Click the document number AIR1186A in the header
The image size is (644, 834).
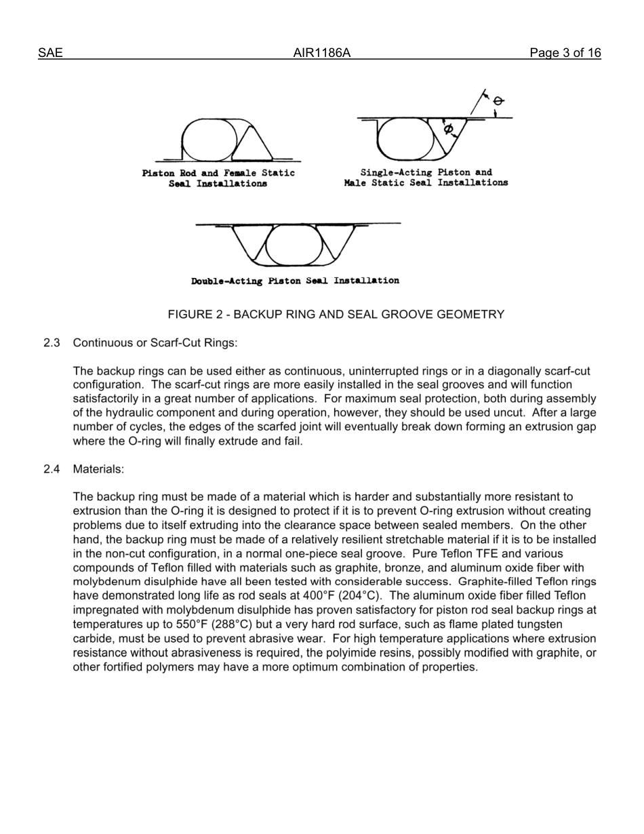[321, 53]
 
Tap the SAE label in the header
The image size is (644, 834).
[50, 53]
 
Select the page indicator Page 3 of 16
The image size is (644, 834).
[565, 53]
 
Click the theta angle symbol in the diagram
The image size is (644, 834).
[498, 101]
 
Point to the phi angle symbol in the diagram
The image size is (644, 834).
[448, 129]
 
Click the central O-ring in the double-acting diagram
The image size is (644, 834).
[294, 245]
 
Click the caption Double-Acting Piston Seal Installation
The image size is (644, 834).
[295, 281]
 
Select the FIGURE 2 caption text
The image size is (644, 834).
[336, 315]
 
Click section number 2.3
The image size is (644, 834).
[52, 343]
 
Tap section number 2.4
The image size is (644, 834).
[52, 469]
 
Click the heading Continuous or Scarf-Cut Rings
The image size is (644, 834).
[155, 343]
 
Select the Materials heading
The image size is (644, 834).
[98, 469]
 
